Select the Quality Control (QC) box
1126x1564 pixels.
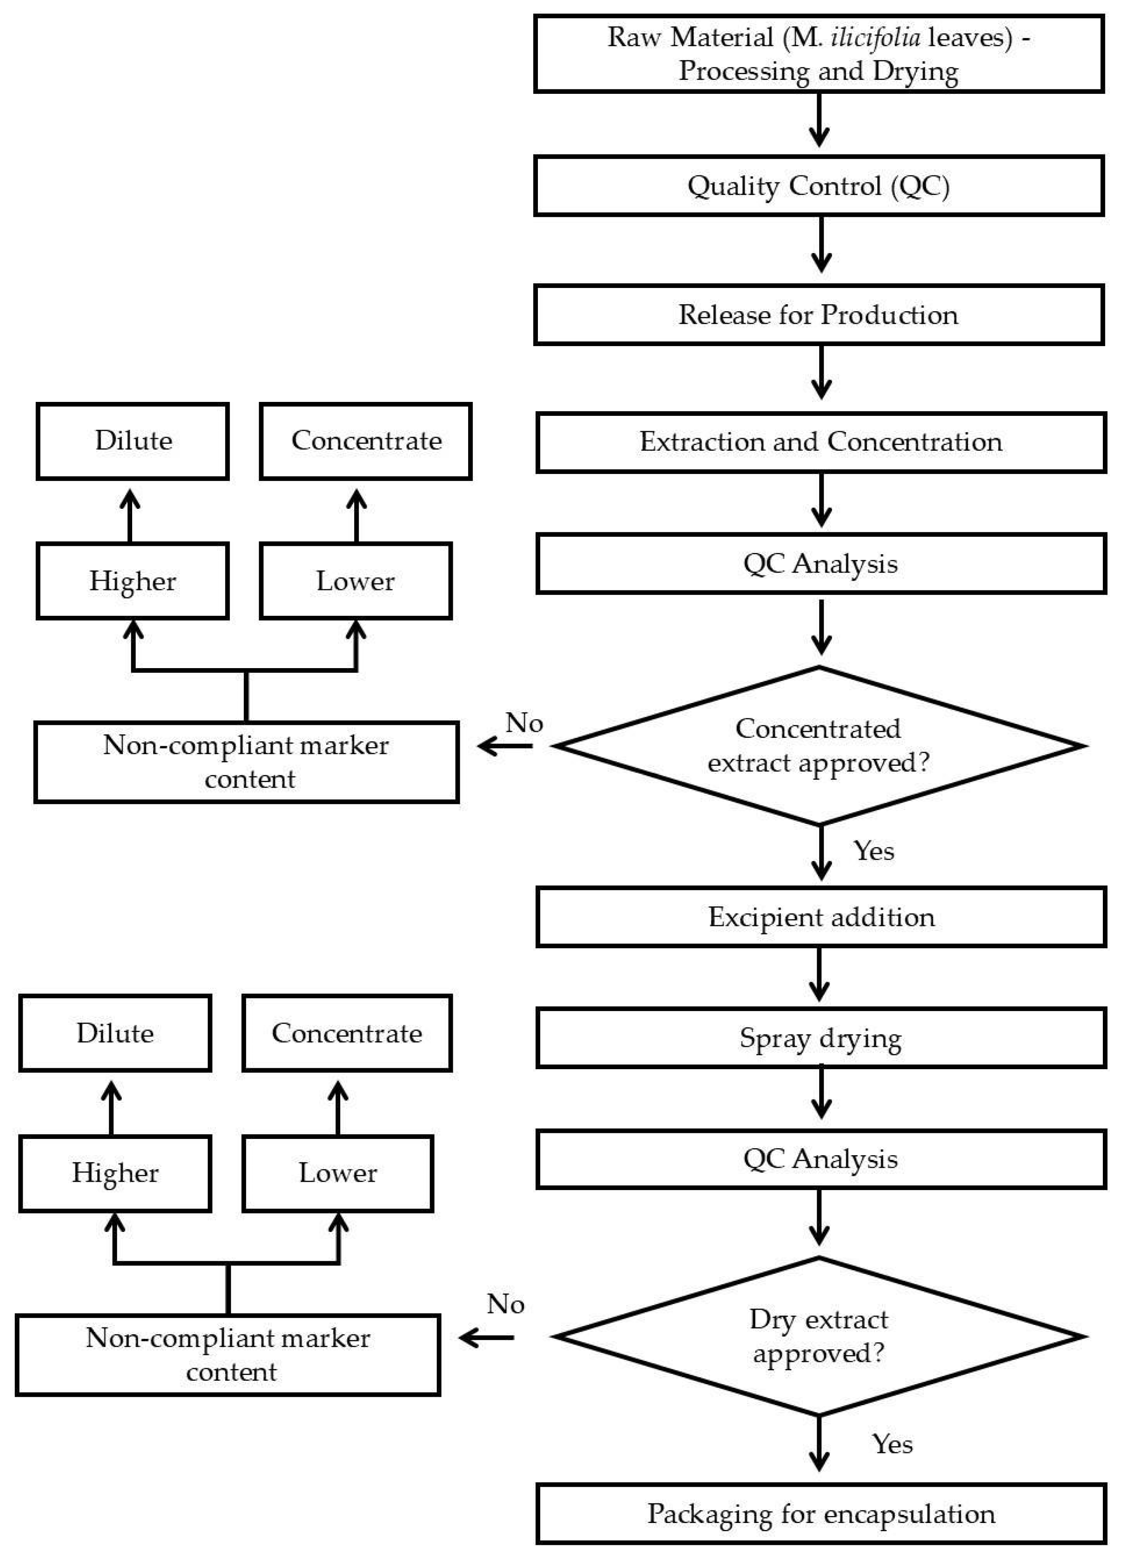click(818, 185)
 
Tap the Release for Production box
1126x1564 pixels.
click(818, 315)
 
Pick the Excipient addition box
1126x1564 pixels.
click(821, 917)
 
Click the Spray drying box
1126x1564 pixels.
click(821, 1038)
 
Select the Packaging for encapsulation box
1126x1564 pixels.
click(821, 1514)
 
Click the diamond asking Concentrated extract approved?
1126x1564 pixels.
click(818, 745)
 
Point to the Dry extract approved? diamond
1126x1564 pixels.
click(818, 1336)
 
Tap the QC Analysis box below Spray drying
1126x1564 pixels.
click(821, 1159)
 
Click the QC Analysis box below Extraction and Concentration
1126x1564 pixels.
click(821, 563)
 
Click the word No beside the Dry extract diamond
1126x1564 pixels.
click(506, 1304)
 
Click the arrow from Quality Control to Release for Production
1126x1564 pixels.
click(821, 245)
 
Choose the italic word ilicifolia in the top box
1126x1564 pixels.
click(875, 37)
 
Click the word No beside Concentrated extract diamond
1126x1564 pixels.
click(524, 723)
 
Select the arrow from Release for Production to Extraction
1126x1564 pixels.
click(821, 372)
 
